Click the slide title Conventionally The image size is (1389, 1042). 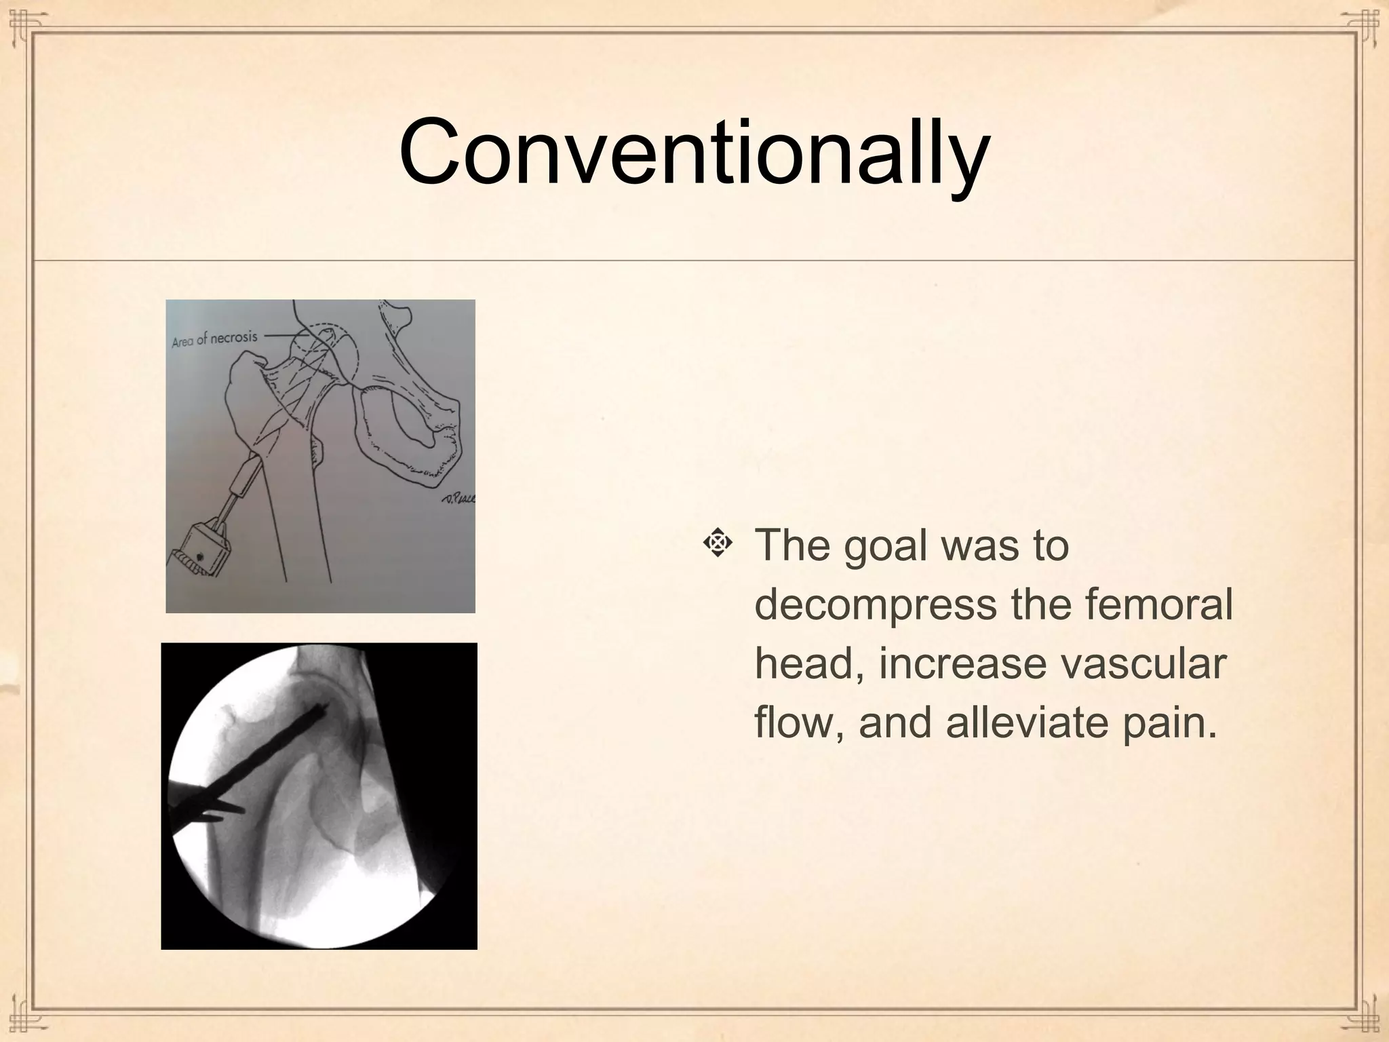pyautogui.click(x=694, y=152)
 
